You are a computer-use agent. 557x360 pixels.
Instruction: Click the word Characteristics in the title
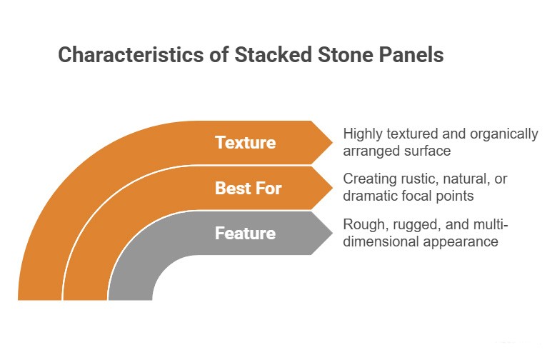coord(131,55)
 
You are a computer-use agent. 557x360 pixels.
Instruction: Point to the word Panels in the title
coord(411,55)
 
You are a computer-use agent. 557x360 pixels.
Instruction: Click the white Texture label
coord(246,143)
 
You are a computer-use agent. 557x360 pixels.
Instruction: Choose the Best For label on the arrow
coord(249,188)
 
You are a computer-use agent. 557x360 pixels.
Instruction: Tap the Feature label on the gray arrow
coord(246,233)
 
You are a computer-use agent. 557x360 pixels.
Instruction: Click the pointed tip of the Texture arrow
coord(333,143)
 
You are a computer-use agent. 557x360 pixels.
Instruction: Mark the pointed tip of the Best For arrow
coord(333,188)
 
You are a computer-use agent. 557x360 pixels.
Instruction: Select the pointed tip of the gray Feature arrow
coord(333,233)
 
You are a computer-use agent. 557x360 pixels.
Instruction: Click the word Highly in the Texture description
coord(363,134)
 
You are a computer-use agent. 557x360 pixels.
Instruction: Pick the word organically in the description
coord(504,134)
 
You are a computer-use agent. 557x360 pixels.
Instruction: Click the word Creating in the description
coord(369,179)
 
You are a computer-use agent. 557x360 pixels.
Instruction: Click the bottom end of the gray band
coord(131,299)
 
